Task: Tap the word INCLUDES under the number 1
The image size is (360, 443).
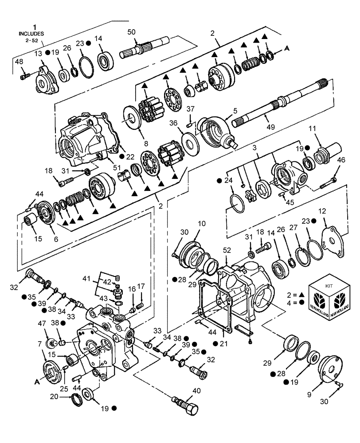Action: click(32, 33)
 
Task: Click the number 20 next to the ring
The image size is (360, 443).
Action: click(67, 397)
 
